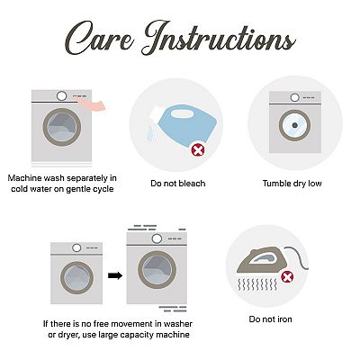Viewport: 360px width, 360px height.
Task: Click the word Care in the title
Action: (100, 39)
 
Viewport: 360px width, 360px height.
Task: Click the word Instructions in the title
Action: (219, 38)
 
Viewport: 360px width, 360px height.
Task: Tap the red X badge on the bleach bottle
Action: (198, 150)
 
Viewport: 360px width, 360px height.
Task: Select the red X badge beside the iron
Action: (287, 276)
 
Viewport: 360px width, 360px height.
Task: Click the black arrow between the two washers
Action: (115, 275)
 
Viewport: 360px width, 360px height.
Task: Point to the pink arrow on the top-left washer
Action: (93, 105)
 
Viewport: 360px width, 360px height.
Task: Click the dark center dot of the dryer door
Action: (294, 125)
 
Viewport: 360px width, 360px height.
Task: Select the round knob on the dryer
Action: (295, 97)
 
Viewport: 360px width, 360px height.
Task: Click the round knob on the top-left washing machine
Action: (62, 96)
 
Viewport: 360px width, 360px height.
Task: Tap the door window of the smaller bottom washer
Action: (76, 277)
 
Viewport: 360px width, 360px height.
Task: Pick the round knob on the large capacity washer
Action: (157, 238)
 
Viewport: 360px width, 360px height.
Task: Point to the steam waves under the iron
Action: (257, 284)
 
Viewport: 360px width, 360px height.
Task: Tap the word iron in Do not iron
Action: (283, 319)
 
